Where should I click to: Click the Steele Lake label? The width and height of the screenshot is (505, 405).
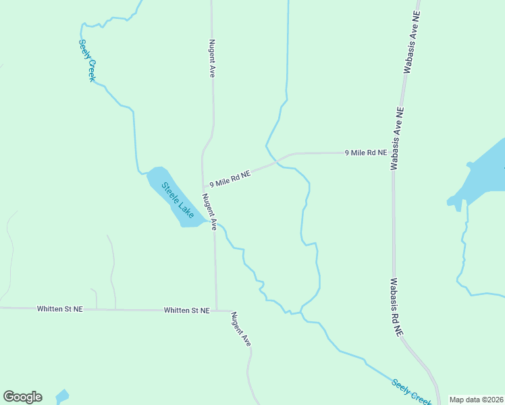[178, 200]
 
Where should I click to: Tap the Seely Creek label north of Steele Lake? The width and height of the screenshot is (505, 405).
[88, 59]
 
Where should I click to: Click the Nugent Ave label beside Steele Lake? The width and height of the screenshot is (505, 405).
[209, 211]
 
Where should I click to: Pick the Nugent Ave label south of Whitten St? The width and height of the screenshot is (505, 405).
[241, 329]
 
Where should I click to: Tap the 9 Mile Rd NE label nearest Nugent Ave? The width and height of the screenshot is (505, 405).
[230, 178]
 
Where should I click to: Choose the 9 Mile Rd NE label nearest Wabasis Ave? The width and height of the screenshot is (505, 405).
[366, 153]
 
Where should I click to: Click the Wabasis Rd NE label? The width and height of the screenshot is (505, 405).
[396, 307]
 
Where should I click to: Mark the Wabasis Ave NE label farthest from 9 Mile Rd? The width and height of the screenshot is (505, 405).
[413, 42]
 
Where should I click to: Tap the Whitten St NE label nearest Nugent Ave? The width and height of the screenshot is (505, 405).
[186, 310]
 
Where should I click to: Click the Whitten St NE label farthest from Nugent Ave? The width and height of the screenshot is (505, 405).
[60, 308]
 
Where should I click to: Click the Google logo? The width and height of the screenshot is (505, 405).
[22, 397]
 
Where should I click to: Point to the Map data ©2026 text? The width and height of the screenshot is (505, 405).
[476, 400]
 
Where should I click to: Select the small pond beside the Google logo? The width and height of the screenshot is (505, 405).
[61, 396]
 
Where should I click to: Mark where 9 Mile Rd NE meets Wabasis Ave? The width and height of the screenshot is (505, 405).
[394, 153]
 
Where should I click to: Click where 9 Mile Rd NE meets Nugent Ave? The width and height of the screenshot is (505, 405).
[203, 186]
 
